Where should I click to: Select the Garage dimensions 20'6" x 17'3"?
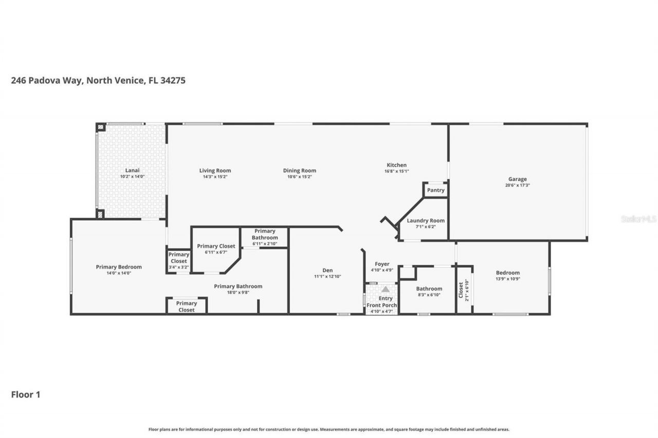[517, 185]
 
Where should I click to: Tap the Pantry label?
[435, 191]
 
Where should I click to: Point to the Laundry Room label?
[426, 221]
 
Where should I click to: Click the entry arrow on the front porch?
[385, 289]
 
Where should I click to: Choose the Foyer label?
[382, 264]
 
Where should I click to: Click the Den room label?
[327, 271]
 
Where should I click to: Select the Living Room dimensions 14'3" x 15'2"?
[215, 177]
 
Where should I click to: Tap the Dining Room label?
[299, 170]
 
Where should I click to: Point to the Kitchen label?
[396, 165]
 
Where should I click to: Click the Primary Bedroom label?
[119, 267]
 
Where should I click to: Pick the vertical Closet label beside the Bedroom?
[461, 290]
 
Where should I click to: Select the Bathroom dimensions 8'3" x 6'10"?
[429, 295]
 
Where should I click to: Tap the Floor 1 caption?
[26, 395]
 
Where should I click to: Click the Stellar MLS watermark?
[638, 219]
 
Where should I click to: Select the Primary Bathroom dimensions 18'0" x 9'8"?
[238, 293]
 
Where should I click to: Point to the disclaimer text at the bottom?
[329, 429]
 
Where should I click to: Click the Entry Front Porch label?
[381, 302]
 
